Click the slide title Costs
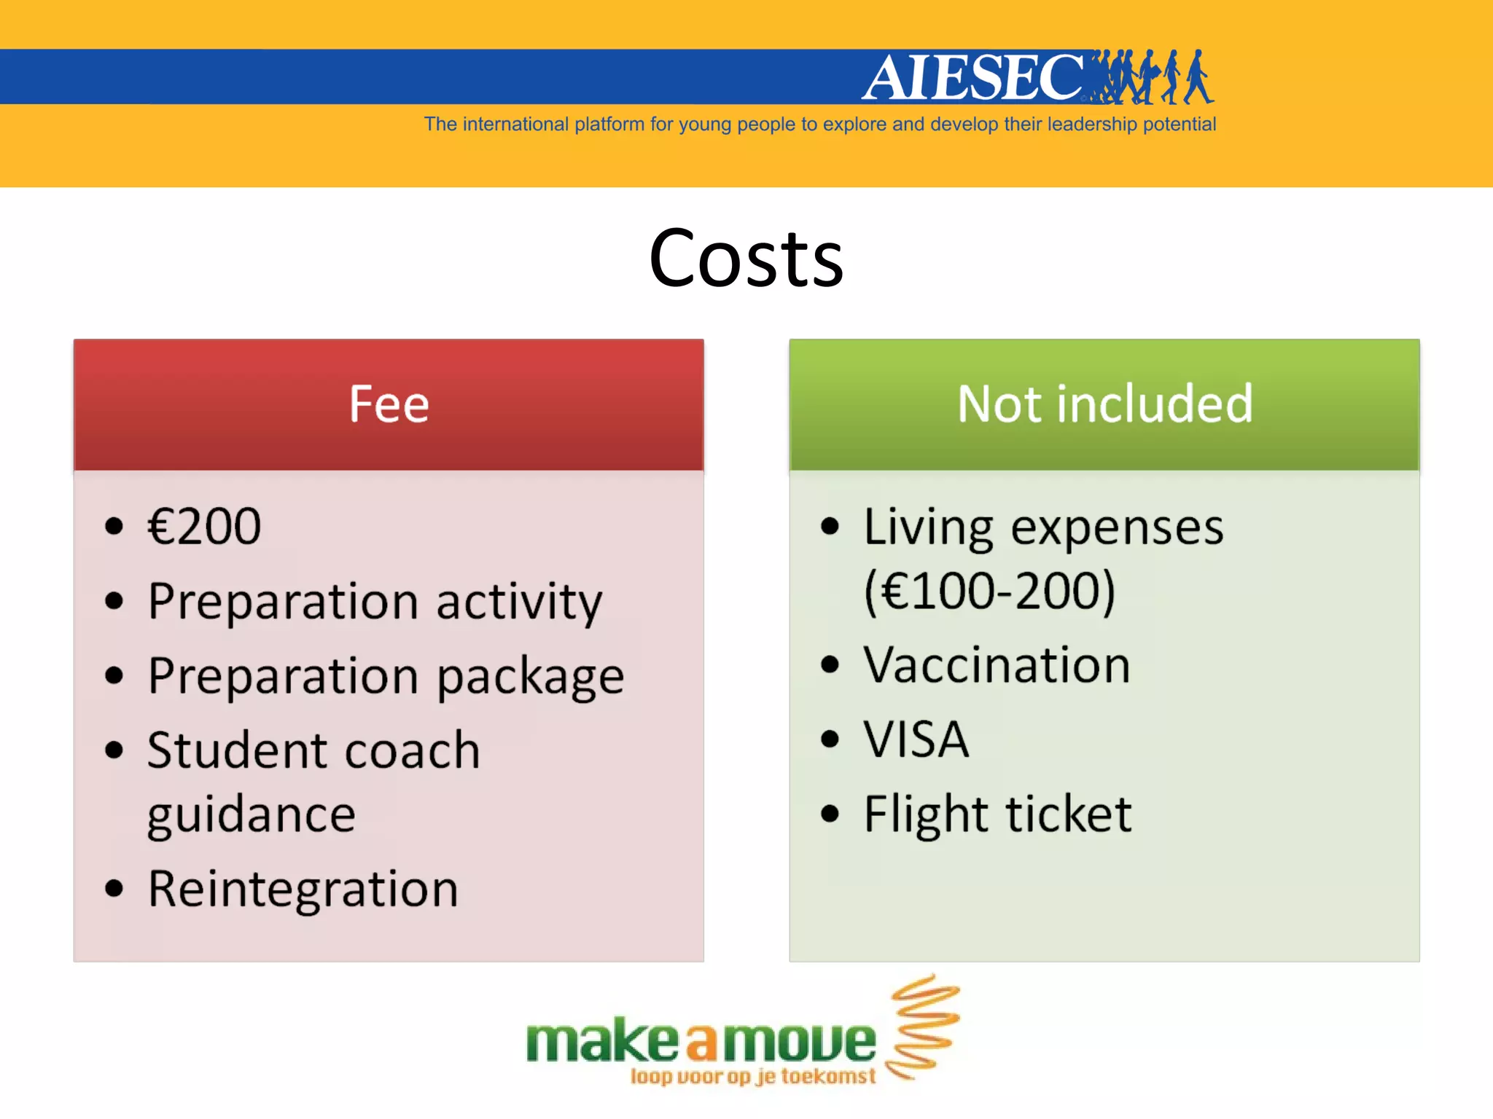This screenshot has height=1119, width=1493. click(x=746, y=259)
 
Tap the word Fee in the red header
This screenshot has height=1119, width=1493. click(x=389, y=404)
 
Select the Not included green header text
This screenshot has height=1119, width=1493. click(x=1104, y=404)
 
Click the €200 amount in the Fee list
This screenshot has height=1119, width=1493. click(x=204, y=526)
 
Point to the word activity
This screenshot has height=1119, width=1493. click(x=519, y=603)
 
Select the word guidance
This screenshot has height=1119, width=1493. click(x=252, y=815)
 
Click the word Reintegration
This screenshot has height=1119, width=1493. click(x=303, y=890)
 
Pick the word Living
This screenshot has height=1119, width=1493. click(x=928, y=527)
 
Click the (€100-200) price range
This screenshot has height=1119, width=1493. click(x=989, y=591)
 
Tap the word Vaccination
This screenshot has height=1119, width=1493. click(x=997, y=665)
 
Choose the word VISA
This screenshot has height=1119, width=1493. click(x=916, y=739)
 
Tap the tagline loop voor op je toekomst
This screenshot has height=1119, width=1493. click(x=752, y=1076)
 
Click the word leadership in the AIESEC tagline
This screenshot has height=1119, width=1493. click(x=1092, y=125)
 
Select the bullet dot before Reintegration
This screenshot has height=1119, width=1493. click(x=114, y=888)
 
